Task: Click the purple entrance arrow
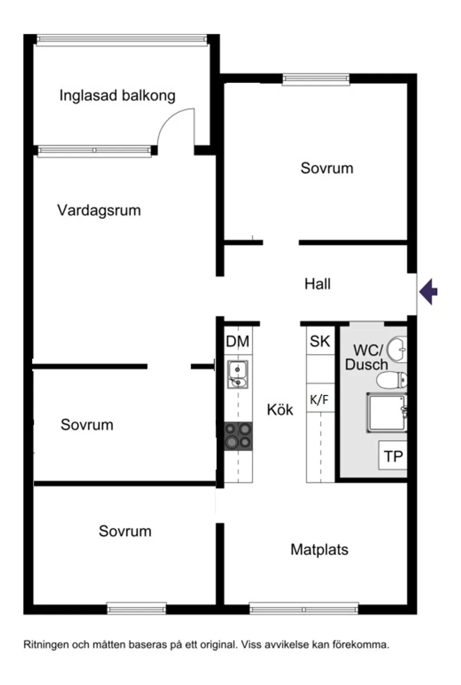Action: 429,292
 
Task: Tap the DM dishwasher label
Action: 237,342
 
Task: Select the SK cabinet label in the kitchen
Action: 320,342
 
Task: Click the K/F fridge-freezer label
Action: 319,399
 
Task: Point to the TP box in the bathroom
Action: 393,457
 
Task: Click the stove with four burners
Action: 238,436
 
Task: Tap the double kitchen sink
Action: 238,375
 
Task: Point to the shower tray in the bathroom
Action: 387,413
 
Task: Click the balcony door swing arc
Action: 174,126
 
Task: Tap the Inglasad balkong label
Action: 117,96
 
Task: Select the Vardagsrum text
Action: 99,211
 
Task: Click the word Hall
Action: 317,284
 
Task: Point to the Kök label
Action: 280,409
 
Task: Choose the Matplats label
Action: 319,550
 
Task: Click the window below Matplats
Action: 303,608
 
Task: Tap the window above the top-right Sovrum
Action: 316,79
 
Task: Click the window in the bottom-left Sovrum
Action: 136,608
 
